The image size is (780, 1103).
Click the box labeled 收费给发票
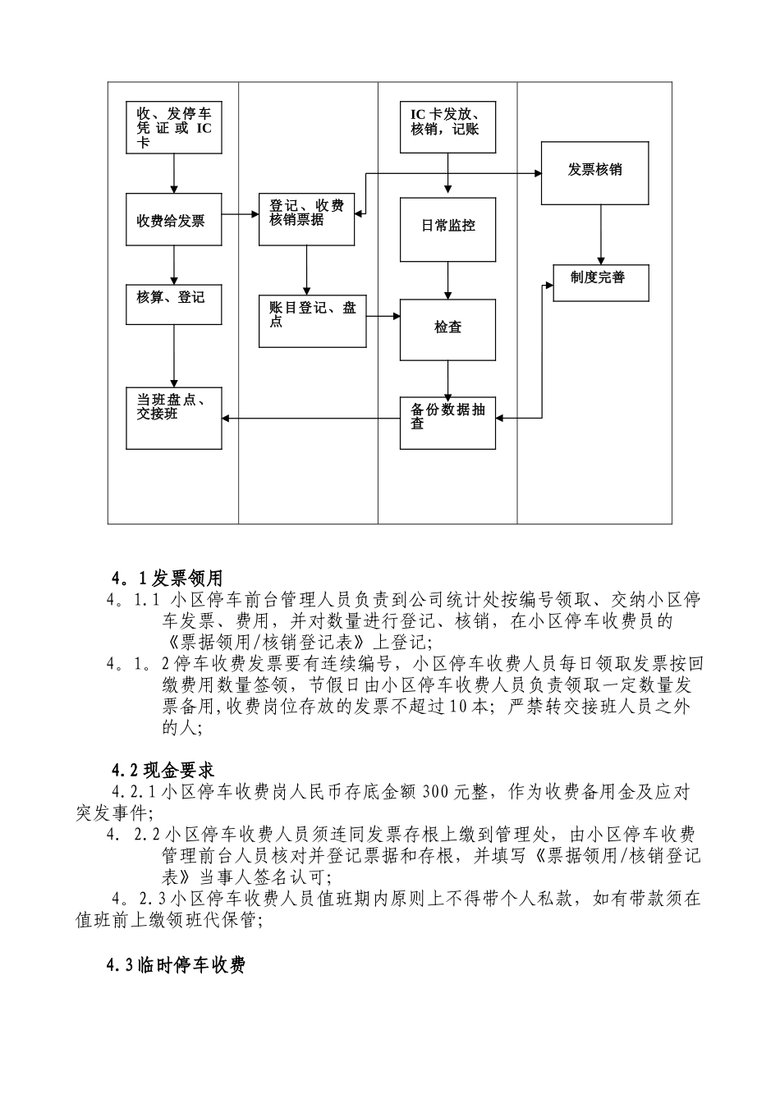click(173, 219)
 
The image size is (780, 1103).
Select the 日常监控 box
click(447, 229)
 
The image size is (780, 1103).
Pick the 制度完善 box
click(599, 282)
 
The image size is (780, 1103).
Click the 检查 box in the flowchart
click(447, 330)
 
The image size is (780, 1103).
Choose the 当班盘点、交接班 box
click(173, 418)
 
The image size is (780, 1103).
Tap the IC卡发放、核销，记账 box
click(447, 127)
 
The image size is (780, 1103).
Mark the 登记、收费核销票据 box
click(306, 220)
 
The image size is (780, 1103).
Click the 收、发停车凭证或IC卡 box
click(173, 127)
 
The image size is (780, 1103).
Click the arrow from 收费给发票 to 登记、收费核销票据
click(240, 215)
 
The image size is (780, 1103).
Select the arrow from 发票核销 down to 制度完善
click(601, 235)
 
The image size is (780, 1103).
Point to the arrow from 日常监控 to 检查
click(447, 280)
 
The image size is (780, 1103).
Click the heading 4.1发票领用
click(167, 579)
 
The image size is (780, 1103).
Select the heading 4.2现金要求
click(163, 771)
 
